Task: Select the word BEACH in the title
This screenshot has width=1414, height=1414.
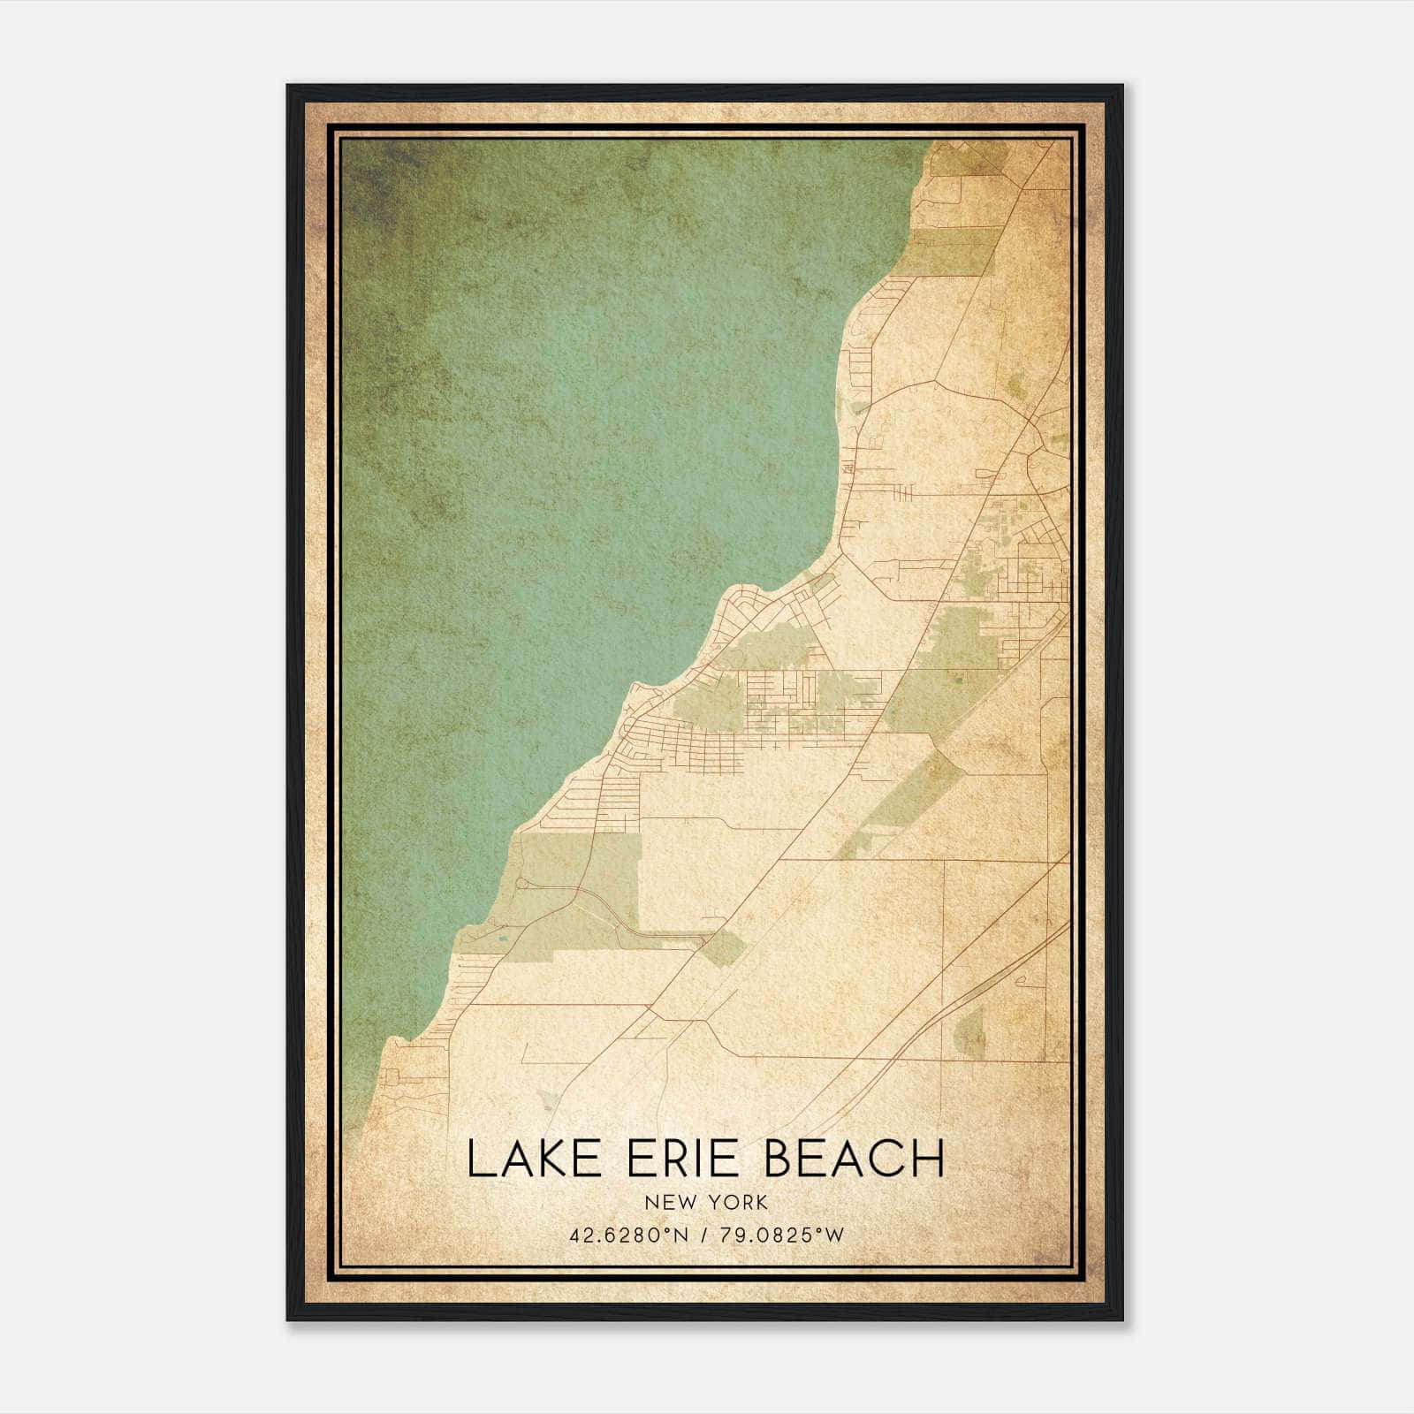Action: pos(855,1159)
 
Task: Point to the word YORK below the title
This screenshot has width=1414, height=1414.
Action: pos(736,1203)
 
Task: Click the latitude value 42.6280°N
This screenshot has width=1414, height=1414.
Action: pos(628,1235)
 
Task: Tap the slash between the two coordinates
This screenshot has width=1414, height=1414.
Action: pos(704,1235)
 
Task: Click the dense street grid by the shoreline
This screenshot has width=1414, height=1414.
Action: pos(672,734)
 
